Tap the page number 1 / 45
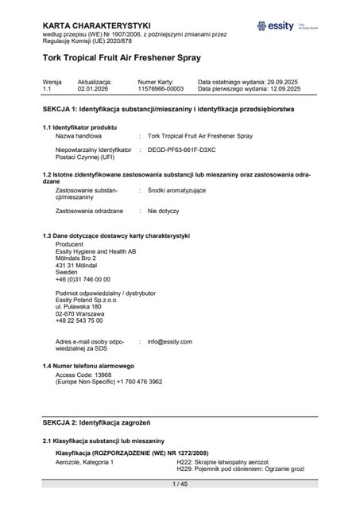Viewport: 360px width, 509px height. click(x=180, y=484)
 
